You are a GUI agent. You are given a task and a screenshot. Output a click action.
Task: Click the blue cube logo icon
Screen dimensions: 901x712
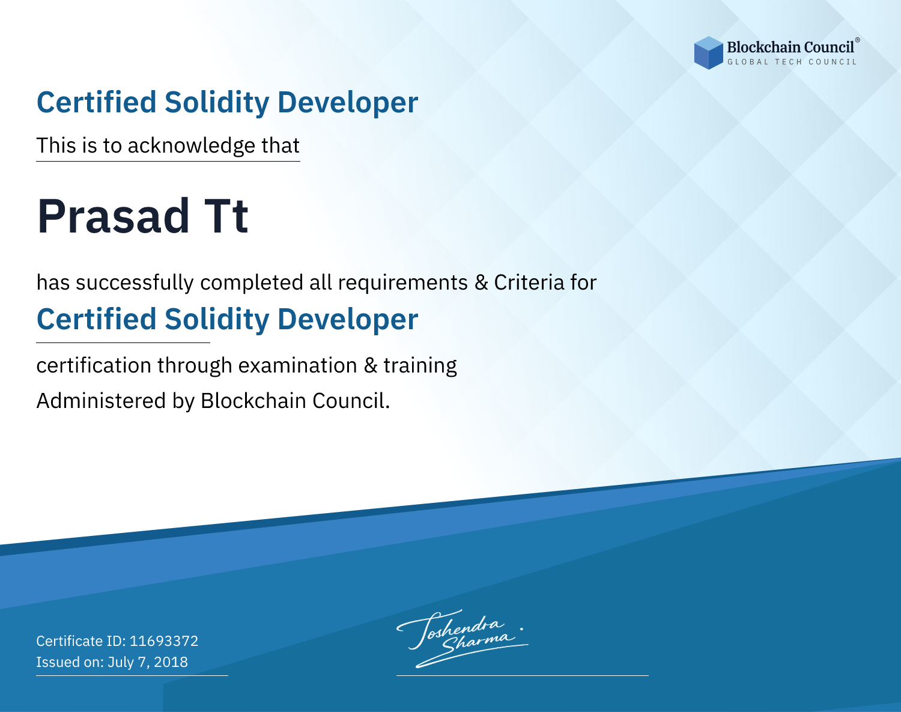708,53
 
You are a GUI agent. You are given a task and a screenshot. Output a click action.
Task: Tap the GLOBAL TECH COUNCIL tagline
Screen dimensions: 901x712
792,62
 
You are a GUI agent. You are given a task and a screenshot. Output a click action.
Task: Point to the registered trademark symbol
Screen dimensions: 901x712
858,40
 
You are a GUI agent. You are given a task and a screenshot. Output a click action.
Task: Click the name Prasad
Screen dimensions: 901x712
113,216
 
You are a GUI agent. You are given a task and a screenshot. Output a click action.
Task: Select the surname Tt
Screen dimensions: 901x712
226,216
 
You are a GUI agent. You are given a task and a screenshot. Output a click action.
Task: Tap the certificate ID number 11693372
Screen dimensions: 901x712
164,640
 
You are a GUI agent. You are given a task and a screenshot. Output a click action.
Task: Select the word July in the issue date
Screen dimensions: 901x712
121,663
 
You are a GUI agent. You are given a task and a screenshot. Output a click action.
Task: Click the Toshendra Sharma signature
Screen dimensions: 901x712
463,639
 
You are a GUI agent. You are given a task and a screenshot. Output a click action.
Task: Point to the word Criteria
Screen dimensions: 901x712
529,282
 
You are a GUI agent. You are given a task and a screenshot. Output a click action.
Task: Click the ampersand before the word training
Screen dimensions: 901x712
371,365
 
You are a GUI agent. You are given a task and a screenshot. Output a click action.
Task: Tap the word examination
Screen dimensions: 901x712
298,365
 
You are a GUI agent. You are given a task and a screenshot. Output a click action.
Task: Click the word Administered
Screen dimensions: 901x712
101,400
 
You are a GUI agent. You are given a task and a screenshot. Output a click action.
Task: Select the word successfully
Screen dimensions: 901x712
135,283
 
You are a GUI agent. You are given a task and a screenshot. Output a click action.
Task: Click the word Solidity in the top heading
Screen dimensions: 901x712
217,103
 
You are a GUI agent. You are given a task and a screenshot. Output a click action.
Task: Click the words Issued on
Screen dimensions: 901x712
70,662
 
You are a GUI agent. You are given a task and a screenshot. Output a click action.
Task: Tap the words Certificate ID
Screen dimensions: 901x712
81,640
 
